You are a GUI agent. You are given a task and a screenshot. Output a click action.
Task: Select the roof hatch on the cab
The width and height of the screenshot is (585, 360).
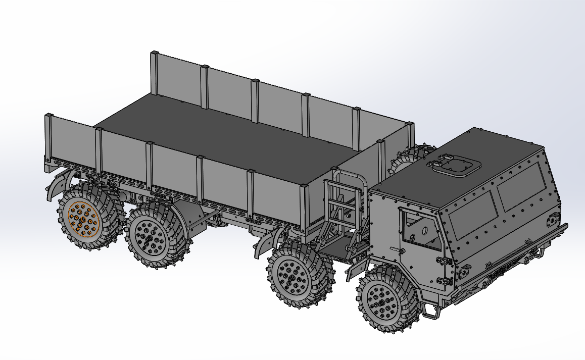click(454, 165)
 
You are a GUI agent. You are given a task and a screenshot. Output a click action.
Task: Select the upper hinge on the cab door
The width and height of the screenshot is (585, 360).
click(443, 261)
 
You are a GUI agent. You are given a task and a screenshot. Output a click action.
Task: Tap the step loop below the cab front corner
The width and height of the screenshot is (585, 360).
click(431, 312)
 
